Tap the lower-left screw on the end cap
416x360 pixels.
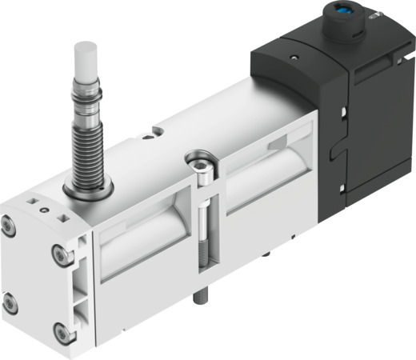(x=10, y=303)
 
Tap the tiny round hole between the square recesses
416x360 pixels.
(x=43, y=210)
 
